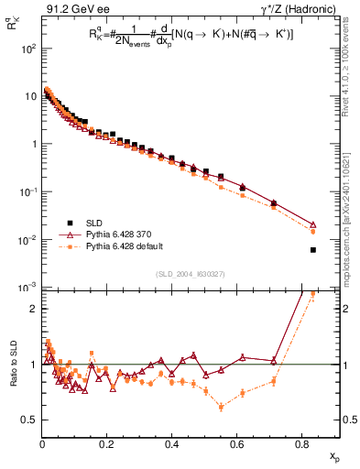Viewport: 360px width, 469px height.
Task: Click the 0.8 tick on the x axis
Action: click(303, 444)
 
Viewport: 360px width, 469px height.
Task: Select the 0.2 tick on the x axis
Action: click(107, 444)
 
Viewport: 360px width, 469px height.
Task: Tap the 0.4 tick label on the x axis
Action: click(172, 444)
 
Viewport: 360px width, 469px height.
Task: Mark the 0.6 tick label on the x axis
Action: click(237, 444)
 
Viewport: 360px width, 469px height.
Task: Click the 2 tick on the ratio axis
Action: click(32, 309)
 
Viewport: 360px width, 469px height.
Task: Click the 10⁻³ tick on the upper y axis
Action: click(27, 288)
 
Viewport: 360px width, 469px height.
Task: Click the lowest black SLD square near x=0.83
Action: click(313, 250)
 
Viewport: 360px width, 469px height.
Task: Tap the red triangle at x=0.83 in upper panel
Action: click(313, 224)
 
